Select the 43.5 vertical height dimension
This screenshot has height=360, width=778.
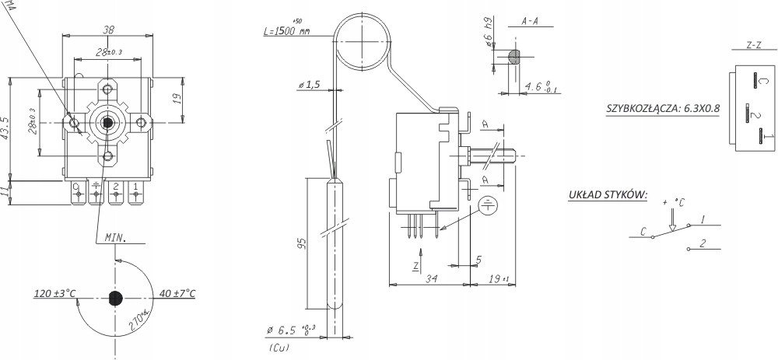click(x=5, y=128)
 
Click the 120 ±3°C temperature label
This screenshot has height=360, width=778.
click(x=54, y=294)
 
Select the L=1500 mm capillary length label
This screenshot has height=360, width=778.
click(x=287, y=31)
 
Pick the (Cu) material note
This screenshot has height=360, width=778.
click(x=278, y=348)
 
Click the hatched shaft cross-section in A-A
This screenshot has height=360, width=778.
click(x=514, y=57)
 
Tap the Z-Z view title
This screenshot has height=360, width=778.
click(x=752, y=46)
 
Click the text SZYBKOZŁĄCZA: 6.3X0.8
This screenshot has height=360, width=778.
click(x=663, y=109)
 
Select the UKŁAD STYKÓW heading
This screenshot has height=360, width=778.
click(x=608, y=194)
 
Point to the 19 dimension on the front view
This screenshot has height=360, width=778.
click(x=176, y=98)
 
